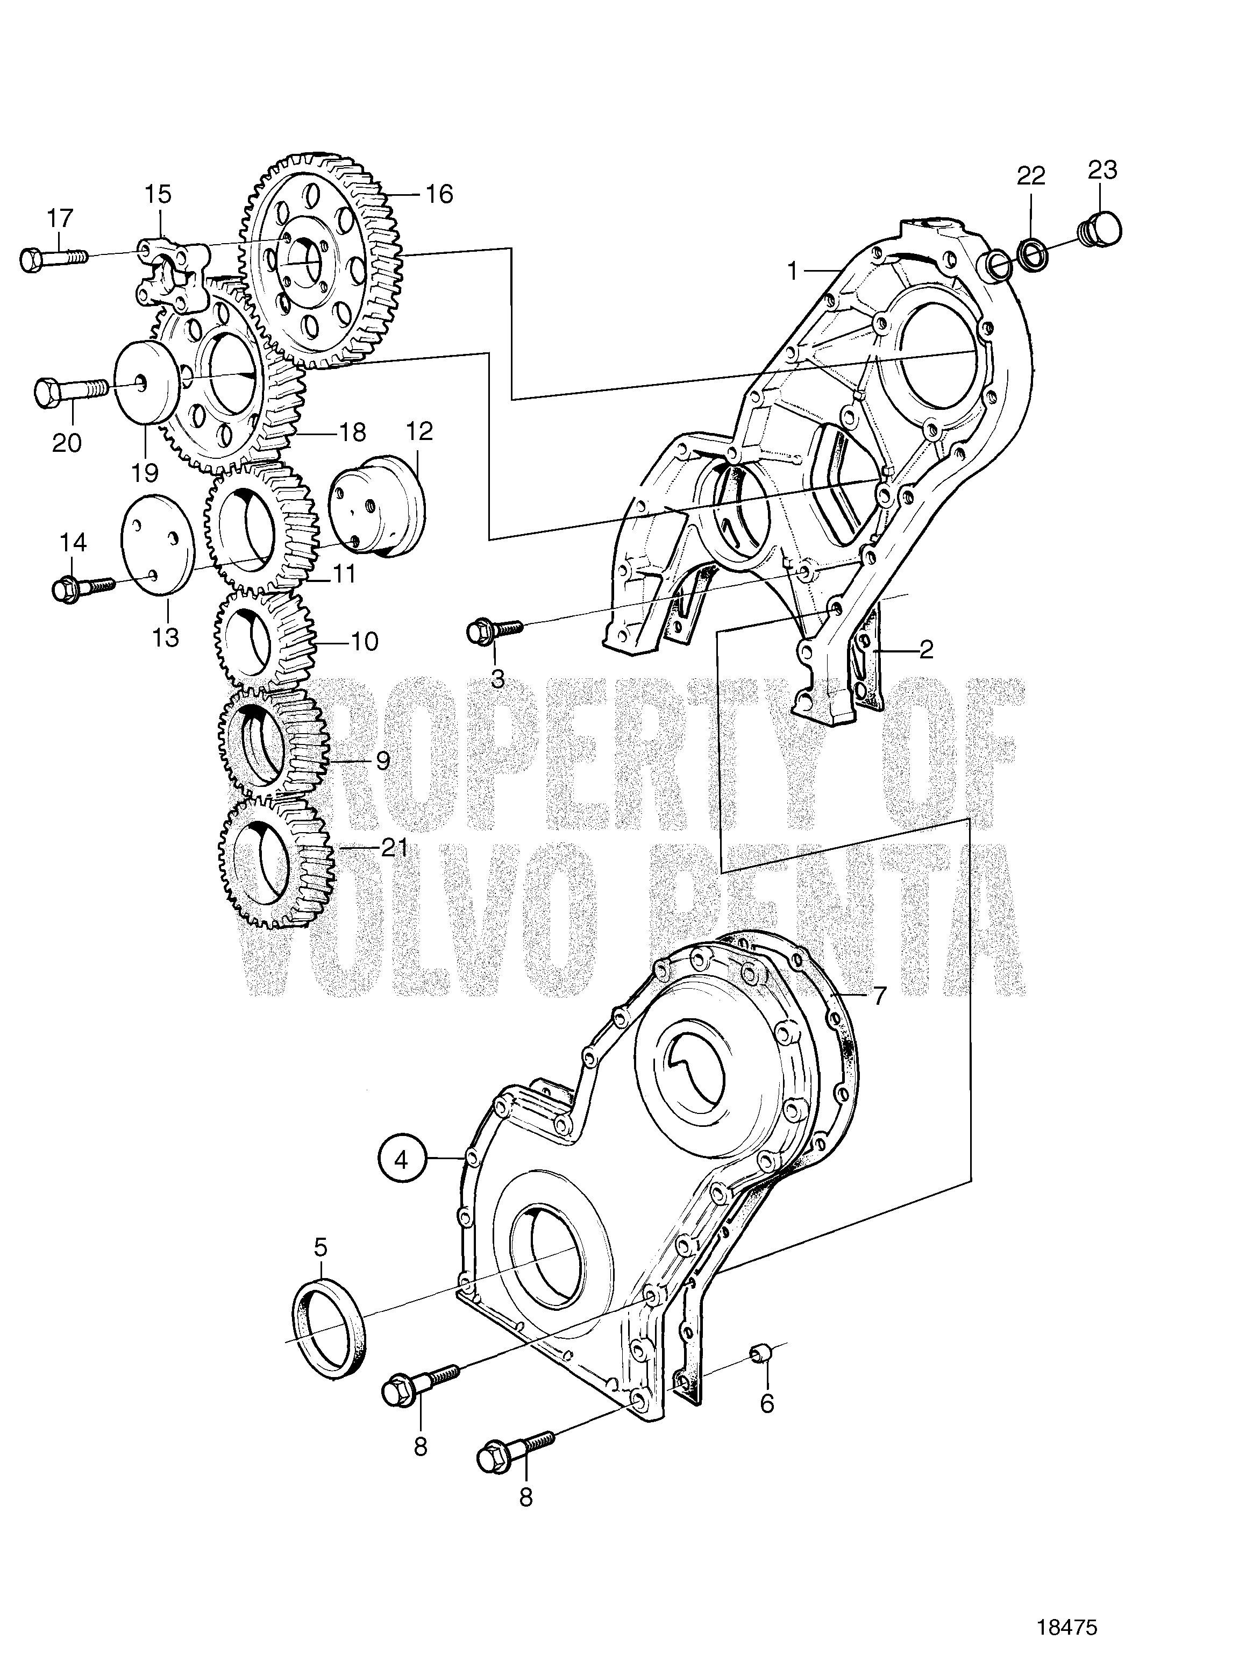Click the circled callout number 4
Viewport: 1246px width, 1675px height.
(x=401, y=1180)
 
